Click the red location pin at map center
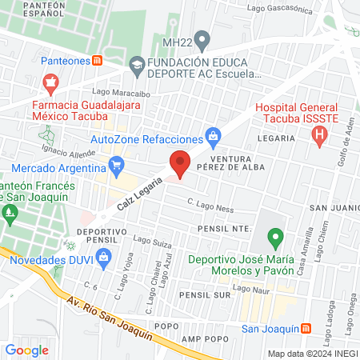point(180,163)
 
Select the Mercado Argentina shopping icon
point(117,167)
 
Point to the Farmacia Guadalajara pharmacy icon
point(51,82)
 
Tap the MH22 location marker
point(202,38)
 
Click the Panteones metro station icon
point(98,60)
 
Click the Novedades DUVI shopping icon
point(102,256)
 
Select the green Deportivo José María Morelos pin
point(275,237)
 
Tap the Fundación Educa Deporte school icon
point(138,63)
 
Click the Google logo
point(26,350)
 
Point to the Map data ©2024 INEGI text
point(312,354)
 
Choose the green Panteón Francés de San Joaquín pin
point(10,213)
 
